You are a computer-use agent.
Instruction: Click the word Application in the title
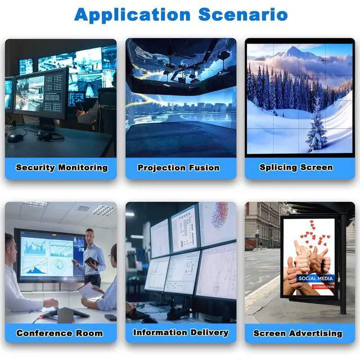(133, 15)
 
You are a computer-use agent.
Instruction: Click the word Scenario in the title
(243, 15)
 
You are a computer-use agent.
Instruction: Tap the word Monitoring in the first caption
(83, 168)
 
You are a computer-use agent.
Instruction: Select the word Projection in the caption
(162, 168)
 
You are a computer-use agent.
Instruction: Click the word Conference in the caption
(44, 333)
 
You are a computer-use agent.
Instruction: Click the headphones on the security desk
(50, 135)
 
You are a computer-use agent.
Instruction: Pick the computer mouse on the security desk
(15, 138)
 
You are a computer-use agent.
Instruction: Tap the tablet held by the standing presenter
(92, 261)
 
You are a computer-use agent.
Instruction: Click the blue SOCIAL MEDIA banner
(316, 278)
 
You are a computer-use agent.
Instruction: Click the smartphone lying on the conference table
(110, 317)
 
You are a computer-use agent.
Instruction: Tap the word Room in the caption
(89, 333)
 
